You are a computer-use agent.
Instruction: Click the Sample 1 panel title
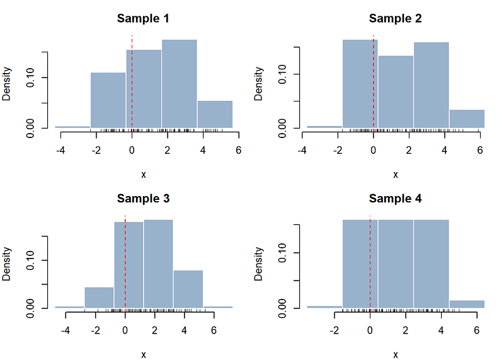[143, 18]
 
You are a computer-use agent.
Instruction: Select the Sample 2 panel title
[395, 18]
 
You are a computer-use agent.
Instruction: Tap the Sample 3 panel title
[143, 199]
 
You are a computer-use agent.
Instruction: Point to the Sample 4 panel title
[395, 199]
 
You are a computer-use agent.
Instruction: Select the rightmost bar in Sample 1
[215, 114]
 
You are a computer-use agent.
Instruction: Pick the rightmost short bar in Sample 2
[467, 119]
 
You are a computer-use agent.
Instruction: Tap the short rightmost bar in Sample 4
[467, 304]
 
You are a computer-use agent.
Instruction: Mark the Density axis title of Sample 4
[259, 264]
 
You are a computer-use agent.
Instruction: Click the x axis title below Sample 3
[143, 354]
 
